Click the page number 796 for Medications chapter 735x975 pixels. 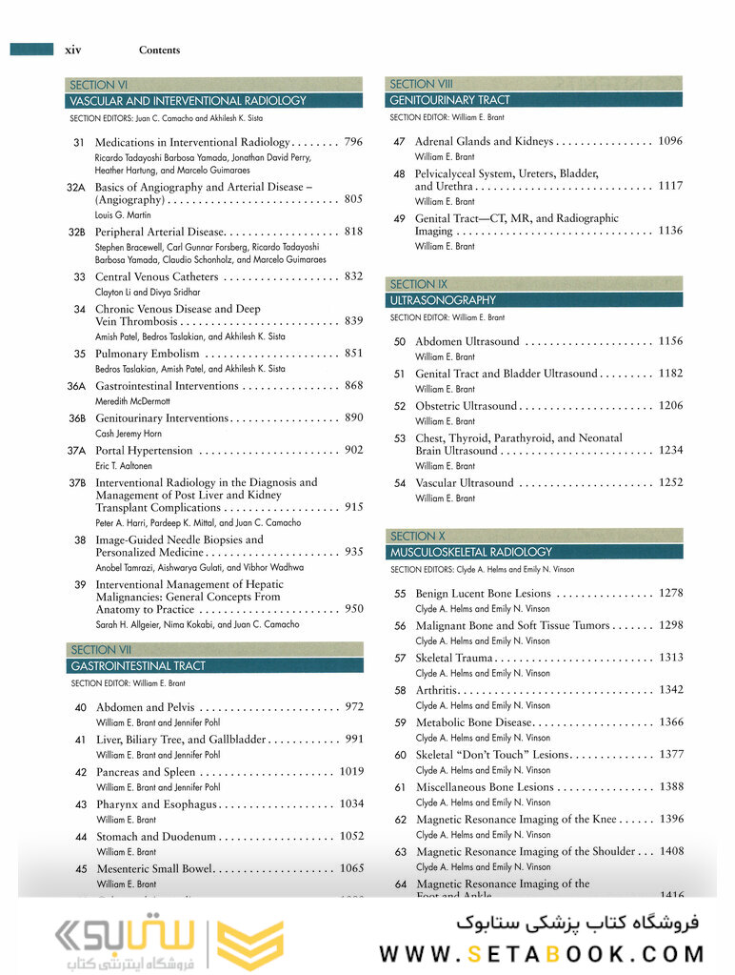352,142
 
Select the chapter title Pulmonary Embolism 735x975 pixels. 148,354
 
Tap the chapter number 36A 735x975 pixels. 76,386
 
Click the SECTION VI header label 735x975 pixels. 99,85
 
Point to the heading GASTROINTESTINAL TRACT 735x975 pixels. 138,666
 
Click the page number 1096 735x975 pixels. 670,141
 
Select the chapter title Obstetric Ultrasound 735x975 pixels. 467,406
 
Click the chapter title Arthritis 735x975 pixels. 437,690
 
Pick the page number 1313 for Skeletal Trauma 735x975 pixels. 670,658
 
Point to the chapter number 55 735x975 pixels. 400,594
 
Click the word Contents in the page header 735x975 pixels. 159,51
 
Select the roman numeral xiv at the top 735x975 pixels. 72,50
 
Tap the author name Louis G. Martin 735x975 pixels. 125,215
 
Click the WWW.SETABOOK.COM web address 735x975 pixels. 542,953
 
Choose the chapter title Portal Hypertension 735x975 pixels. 144,450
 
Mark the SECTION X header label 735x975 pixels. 418,537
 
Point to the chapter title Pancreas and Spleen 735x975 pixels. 146,772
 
